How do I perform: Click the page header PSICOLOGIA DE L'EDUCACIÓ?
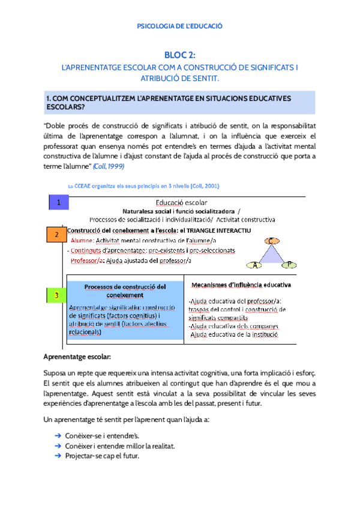(x=180, y=26)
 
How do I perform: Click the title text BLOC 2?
(x=180, y=55)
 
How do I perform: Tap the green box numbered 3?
(x=56, y=296)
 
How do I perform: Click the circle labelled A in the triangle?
(x=256, y=265)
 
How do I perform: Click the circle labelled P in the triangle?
(x=289, y=265)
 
